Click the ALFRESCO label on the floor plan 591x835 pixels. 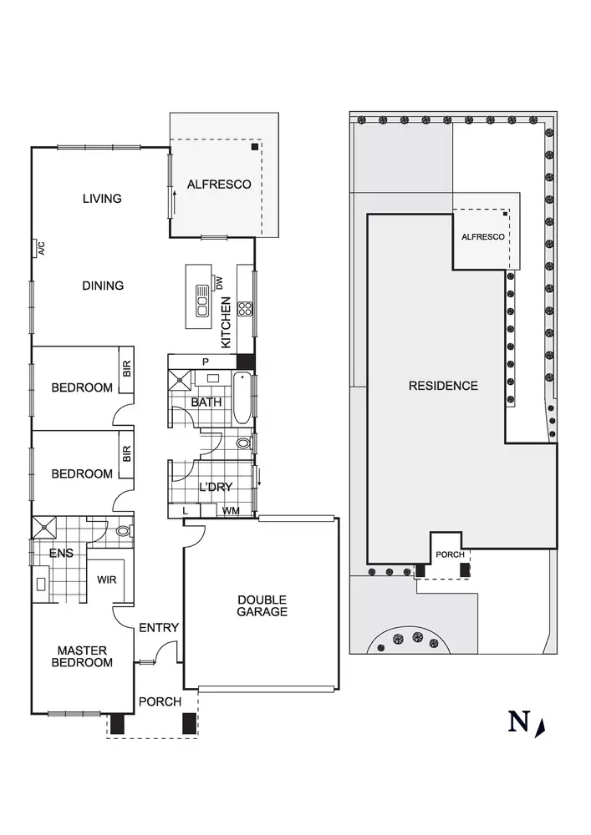pyautogui.click(x=219, y=185)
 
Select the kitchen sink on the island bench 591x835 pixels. pyautogui.click(x=201, y=301)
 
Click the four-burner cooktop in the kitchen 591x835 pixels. pyautogui.click(x=246, y=309)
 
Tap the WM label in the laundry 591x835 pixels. pyautogui.click(x=231, y=509)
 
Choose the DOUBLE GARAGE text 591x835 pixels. pyautogui.click(x=262, y=605)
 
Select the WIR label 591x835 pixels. pyautogui.click(x=106, y=579)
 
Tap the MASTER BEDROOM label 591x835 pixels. pyautogui.click(x=84, y=656)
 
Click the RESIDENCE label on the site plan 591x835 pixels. pyautogui.click(x=443, y=386)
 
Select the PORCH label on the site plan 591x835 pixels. pyautogui.click(x=451, y=554)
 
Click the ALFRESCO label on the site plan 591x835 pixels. pyautogui.click(x=483, y=237)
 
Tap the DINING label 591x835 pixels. pyautogui.click(x=103, y=286)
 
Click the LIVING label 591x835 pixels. pyautogui.click(x=102, y=199)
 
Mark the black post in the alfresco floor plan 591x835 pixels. pyautogui.click(x=253, y=147)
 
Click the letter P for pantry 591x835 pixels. pyautogui.click(x=206, y=361)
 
